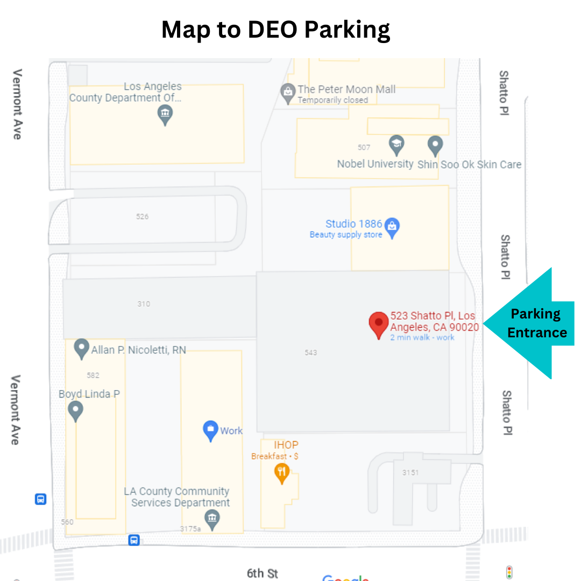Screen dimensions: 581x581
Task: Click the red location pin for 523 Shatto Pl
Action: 378,323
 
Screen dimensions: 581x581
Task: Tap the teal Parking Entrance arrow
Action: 533,323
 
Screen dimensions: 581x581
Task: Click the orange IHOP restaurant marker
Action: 282,473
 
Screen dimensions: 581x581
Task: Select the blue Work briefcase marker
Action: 210,430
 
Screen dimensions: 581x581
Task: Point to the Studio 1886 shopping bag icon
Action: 392,228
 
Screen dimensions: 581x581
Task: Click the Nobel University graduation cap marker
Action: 396,144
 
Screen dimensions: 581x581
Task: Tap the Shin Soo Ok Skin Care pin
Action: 435,145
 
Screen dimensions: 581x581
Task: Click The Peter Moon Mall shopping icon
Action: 288,93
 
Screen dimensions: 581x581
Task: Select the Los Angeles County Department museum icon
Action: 165,114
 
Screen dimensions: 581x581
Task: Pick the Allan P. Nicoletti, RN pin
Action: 81,348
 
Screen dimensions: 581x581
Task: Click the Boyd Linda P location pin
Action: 76,411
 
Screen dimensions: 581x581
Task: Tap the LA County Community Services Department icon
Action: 212,519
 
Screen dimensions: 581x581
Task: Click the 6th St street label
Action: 262,573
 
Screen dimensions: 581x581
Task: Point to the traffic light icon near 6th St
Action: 509,572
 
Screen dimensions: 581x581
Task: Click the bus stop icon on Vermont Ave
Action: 40,499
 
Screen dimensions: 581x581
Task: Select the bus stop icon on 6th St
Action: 134,540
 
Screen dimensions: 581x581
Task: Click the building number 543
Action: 310,353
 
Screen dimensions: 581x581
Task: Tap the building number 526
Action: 142,217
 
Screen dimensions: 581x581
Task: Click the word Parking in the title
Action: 347,30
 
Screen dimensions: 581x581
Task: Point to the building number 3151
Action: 410,473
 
